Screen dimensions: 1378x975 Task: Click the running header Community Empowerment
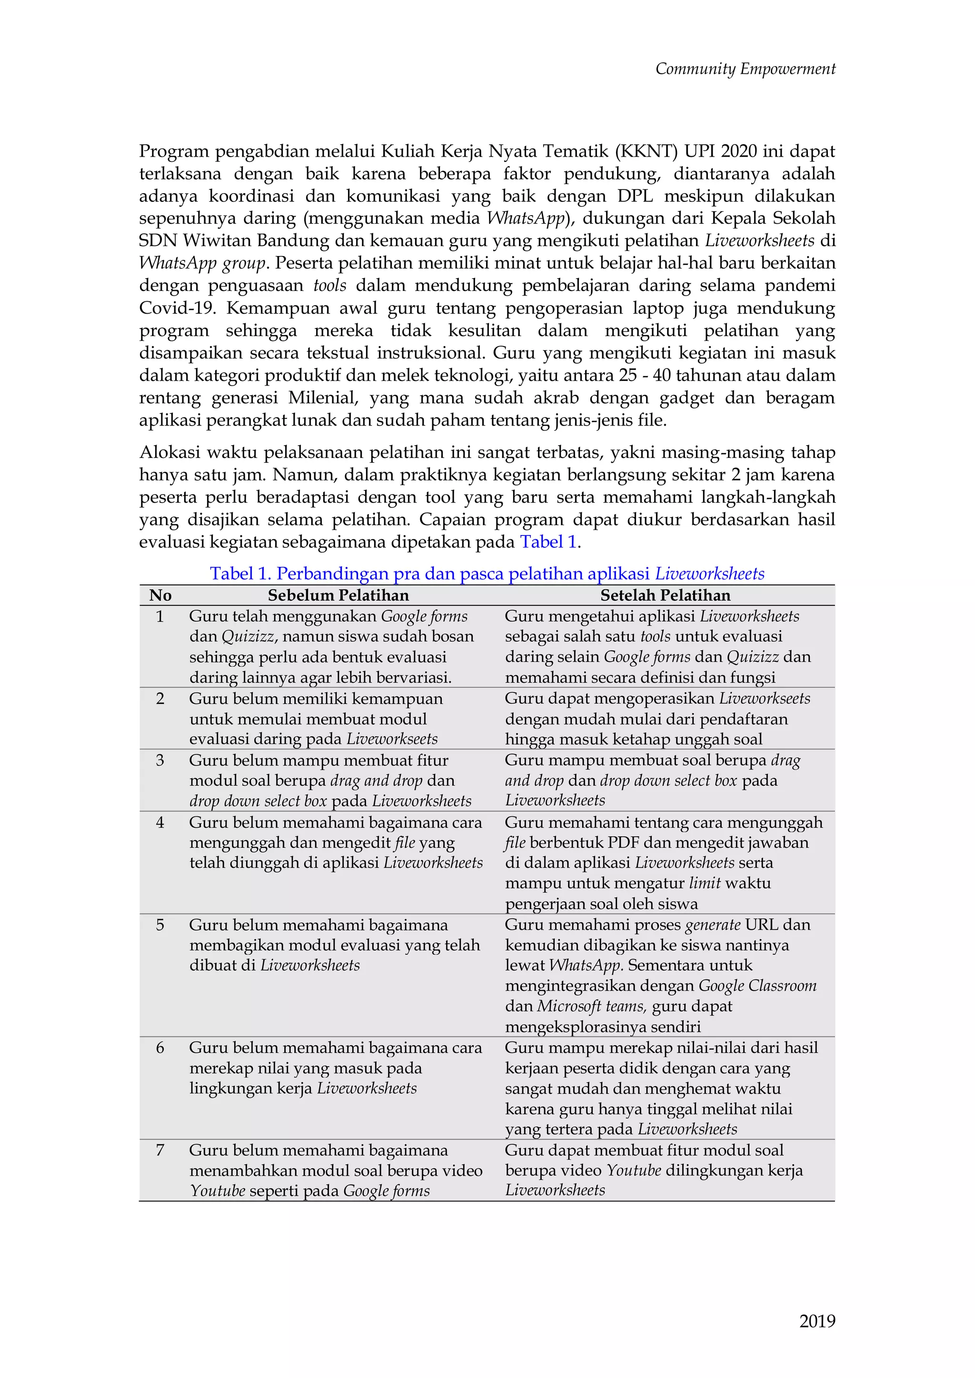[x=745, y=69]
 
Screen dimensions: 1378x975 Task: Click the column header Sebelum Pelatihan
[x=338, y=595]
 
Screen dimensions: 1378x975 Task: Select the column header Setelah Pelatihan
[x=665, y=595]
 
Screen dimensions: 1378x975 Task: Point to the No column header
[x=160, y=595]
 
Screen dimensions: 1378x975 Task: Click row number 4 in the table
[x=159, y=822]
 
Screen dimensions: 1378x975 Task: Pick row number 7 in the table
[x=159, y=1150]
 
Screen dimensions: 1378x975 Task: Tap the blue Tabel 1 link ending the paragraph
[x=548, y=542]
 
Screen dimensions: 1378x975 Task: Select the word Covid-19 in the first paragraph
[x=177, y=308]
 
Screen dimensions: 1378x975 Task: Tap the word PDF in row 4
[x=624, y=843]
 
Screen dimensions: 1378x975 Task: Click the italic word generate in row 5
[x=712, y=925]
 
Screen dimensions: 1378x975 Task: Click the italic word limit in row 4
[x=704, y=883]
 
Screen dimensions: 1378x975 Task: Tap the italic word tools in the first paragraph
[x=329, y=285]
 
